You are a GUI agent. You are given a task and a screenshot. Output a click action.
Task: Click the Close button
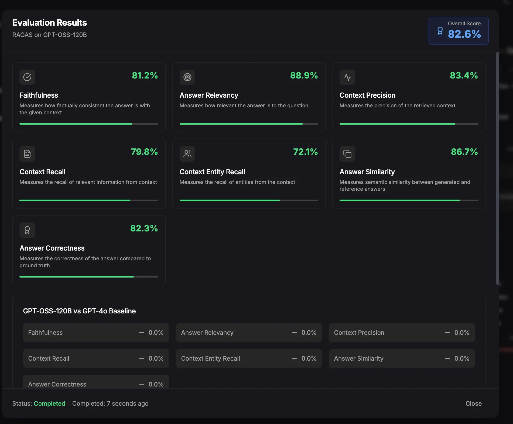(473, 404)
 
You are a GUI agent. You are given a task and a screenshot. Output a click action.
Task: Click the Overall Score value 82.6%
(464, 34)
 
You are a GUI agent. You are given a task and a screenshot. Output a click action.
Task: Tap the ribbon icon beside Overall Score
(440, 31)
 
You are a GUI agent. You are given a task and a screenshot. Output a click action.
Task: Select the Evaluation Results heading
(50, 23)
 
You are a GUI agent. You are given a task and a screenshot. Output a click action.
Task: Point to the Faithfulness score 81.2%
(145, 76)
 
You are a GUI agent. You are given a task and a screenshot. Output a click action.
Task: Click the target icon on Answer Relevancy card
(187, 77)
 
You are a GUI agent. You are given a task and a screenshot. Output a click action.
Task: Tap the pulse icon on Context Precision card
(347, 77)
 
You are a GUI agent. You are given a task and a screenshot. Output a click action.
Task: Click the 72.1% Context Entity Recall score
(305, 152)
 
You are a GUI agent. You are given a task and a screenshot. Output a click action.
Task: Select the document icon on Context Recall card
(27, 154)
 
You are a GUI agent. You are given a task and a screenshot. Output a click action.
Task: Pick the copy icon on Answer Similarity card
(347, 154)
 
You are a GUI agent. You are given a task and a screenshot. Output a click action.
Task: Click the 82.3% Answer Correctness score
(144, 228)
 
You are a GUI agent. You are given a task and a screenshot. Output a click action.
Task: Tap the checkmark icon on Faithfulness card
(27, 77)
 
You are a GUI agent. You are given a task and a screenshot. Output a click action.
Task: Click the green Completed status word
(50, 404)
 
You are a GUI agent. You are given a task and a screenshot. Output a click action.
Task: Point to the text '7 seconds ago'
(128, 404)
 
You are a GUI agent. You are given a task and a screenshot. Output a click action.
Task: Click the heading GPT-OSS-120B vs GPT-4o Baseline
(79, 311)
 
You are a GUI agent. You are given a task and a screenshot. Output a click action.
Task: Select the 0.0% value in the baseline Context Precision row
(462, 333)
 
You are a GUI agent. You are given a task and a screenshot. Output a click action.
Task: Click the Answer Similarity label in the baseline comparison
(359, 358)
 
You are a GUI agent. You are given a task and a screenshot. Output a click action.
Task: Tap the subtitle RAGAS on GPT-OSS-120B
(50, 35)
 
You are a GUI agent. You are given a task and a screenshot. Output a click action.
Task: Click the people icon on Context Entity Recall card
(187, 154)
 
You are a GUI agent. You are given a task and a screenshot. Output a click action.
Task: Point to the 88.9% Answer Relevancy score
(304, 76)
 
